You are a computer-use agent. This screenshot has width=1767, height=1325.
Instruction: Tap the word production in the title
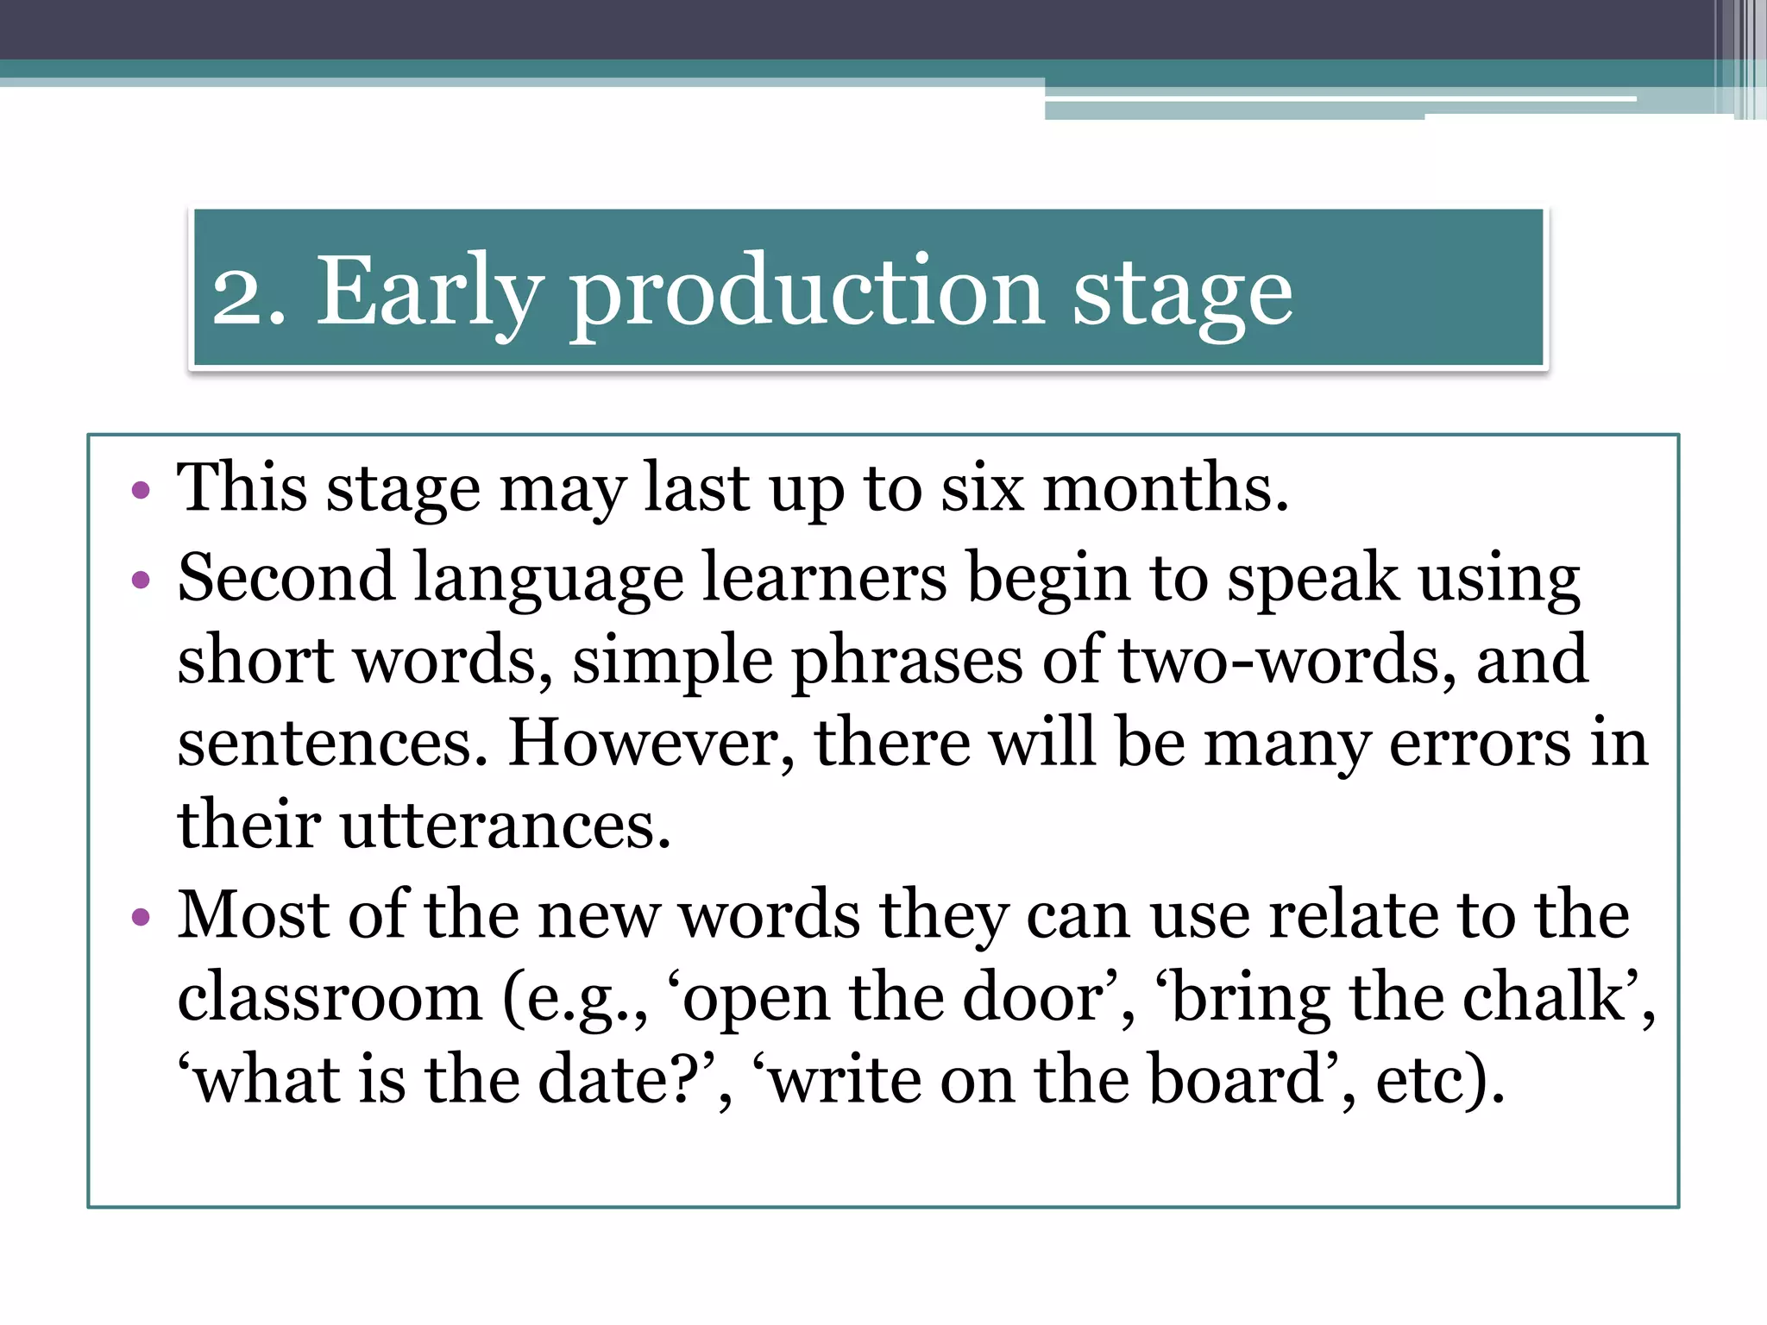tap(807, 293)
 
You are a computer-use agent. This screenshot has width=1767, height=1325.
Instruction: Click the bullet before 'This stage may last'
tap(141, 492)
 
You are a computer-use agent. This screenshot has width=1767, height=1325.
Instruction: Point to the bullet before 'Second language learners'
tap(141, 580)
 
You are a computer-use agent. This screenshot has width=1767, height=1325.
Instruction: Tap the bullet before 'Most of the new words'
tap(141, 917)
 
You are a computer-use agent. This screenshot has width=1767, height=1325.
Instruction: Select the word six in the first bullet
tap(982, 488)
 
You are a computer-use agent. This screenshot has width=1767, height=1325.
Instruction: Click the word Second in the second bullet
tap(286, 577)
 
